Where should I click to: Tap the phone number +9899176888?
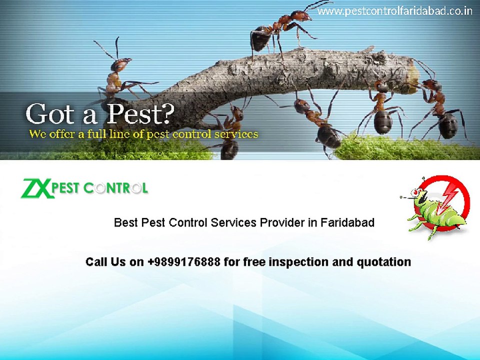point(184,262)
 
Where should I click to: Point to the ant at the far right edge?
point(442,112)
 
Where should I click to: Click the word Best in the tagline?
point(125,222)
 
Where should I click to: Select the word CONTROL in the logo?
point(115,189)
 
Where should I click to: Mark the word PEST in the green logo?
point(67,189)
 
